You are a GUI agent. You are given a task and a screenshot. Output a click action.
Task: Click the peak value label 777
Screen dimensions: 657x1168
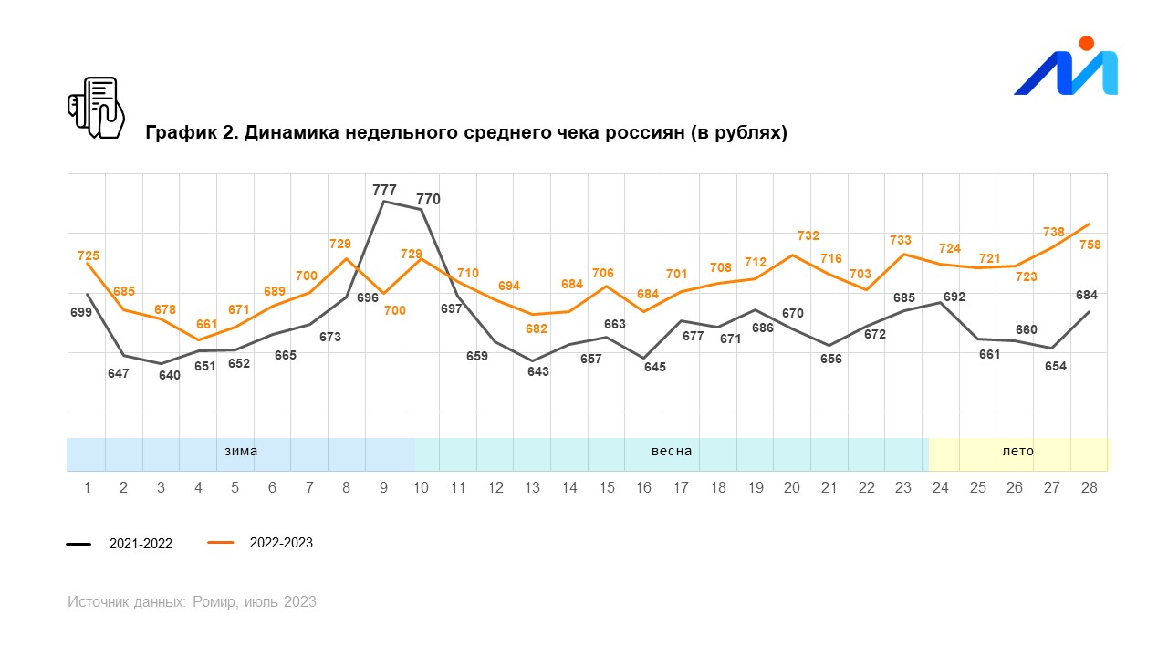pos(384,190)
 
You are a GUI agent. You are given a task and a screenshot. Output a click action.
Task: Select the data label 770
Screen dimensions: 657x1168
pos(428,199)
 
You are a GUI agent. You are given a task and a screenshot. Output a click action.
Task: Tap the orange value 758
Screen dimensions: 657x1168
pos(1090,245)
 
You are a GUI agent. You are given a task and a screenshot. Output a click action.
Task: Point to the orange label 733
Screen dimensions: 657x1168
pos(900,240)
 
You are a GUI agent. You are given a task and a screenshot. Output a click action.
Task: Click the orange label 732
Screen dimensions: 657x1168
pos(808,235)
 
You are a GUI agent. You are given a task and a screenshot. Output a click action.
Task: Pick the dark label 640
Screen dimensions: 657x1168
pos(170,375)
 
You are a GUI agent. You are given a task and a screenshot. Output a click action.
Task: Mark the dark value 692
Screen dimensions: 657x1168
pos(954,297)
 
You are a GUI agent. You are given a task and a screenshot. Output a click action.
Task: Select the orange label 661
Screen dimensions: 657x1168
pos(206,324)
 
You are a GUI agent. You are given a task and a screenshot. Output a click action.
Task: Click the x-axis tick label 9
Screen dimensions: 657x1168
pos(383,488)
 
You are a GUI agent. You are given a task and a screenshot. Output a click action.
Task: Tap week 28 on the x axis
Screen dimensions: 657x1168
pos(1089,488)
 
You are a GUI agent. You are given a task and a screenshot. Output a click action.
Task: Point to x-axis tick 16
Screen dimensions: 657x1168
pos(643,488)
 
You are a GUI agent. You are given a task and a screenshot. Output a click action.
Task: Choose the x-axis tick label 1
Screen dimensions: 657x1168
pos(87,488)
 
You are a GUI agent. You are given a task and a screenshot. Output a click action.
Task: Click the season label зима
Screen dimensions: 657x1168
pos(241,451)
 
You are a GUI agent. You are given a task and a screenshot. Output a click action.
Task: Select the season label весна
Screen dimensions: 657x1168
pos(671,451)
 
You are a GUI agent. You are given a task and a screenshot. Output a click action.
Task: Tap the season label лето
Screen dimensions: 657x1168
pos(1018,451)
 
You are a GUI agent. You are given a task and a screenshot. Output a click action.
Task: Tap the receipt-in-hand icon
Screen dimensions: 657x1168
pos(96,108)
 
